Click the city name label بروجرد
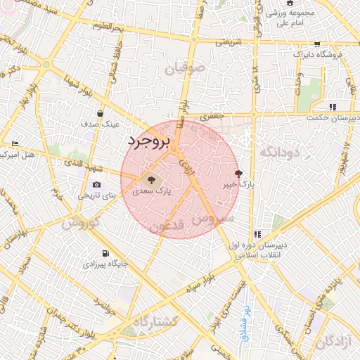click(150, 141)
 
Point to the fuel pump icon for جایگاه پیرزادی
click(105, 253)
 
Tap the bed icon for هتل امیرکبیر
click(15, 143)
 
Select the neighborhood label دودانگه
click(280, 152)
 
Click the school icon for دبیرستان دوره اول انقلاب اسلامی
click(258, 234)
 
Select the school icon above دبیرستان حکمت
click(333, 107)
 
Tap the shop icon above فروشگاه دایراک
click(317, 44)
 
